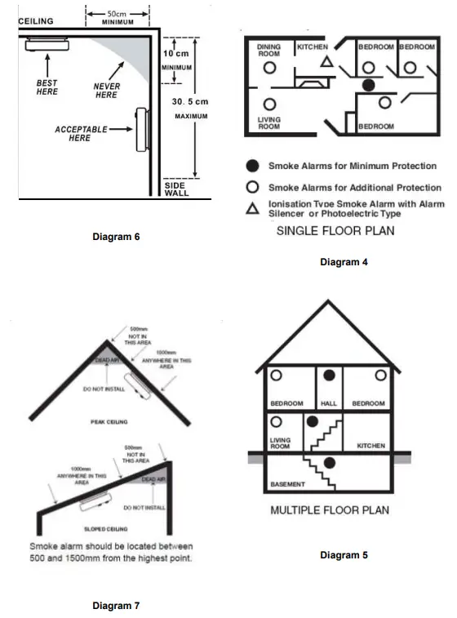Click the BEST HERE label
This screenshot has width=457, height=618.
pos(47,87)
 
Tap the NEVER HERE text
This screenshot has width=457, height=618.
pos(106,91)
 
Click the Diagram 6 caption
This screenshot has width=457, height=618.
pos(117,238)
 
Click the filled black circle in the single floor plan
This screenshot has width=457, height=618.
pos(368,84)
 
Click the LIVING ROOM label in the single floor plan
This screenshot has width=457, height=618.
pos(269,123)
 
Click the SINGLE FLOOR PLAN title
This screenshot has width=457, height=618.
pos(335,231)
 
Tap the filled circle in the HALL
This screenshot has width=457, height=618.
pos(329,376)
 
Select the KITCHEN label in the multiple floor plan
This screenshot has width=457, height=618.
pos(370,446)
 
